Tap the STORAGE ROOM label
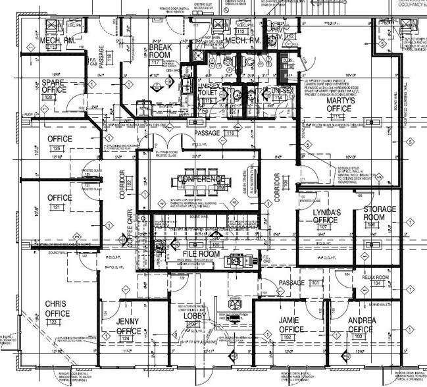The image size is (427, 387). click(380, 213)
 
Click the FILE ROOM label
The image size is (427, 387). click(200, 253)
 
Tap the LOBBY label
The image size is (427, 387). click(196, 316)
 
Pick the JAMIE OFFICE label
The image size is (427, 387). click(290, 324)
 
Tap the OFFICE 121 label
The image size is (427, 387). click(59, 197)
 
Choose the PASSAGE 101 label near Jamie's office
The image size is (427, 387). click(294, 284)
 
